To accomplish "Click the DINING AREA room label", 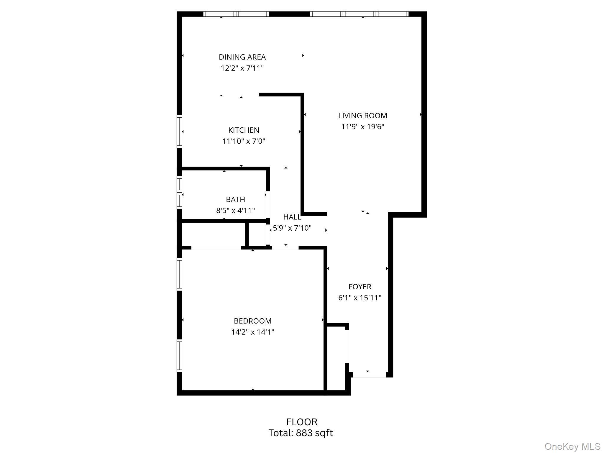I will click(242, 57).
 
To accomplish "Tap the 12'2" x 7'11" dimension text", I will click(242, 68).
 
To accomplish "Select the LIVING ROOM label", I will click(362, 116).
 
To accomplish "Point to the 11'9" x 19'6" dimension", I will click(362, 127).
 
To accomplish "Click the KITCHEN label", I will click(244, 130).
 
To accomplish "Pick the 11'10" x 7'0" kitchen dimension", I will click(244, 141).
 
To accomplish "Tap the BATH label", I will click(235, 199).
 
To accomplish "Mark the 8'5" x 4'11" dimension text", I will click(235, 211).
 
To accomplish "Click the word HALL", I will click(292, 217).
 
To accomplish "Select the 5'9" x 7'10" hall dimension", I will click(292, 228).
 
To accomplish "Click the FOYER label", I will click(360, 287).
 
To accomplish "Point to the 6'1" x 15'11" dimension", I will click(360, 298).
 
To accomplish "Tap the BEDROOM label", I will click(252, 321).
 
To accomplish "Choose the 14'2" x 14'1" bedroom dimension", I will click(252, 332).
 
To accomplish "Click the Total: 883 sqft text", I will click(301, 433).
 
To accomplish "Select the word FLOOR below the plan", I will click(302, 422).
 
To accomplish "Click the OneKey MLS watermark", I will click(572, 446).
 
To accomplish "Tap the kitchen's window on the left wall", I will click(179, 131).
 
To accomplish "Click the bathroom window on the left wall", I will click(179, 192).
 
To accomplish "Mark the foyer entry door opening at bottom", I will click(369, 375).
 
